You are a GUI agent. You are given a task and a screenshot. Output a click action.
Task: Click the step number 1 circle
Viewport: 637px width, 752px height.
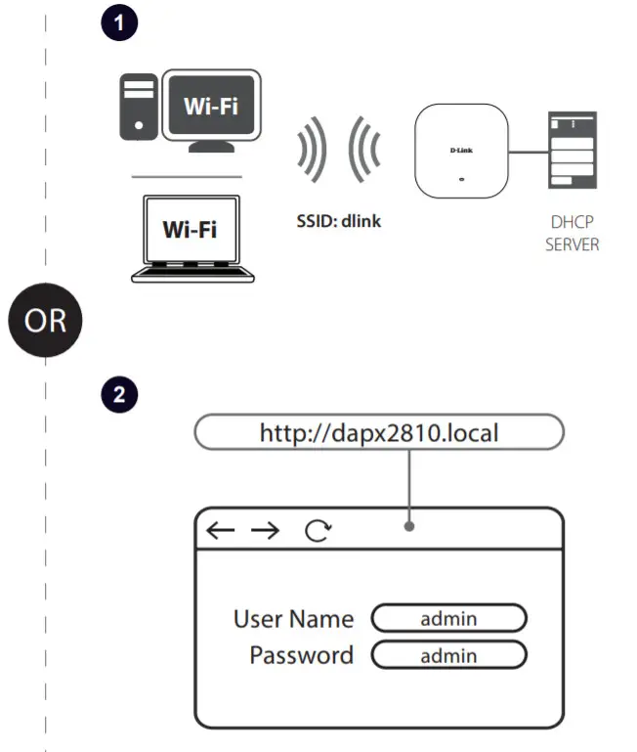point(119,24)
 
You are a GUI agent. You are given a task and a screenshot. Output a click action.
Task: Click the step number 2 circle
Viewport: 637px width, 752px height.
point(119,395)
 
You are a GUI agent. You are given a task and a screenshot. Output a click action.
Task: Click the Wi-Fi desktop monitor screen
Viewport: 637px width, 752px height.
point(212,107)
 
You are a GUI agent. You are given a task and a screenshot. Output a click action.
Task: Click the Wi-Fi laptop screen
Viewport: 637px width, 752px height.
point(190,231)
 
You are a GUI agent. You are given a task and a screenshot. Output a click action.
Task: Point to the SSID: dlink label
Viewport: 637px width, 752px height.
point(338,221)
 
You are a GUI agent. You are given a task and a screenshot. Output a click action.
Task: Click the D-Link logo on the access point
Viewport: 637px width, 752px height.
point(462,150)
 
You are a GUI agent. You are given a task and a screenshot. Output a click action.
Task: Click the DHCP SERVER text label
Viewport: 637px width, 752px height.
point(572,234)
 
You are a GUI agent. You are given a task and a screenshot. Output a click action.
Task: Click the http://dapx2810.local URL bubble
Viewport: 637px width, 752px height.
point(379,431)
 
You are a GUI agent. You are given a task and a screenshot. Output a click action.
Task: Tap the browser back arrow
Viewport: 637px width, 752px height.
point(221,530)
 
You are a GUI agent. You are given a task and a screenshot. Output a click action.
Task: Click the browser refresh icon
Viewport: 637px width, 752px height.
point(318,530)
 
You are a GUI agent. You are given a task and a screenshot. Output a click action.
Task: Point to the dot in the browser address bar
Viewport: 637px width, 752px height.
point(409,527)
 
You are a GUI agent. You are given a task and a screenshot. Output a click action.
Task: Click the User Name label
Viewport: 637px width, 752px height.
point(293,618)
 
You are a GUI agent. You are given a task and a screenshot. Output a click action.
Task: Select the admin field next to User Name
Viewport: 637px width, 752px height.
point(448,618)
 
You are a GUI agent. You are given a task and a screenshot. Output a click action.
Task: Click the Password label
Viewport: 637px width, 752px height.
point(301,654)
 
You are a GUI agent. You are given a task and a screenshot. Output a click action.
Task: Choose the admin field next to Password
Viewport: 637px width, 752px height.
point(448,655)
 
